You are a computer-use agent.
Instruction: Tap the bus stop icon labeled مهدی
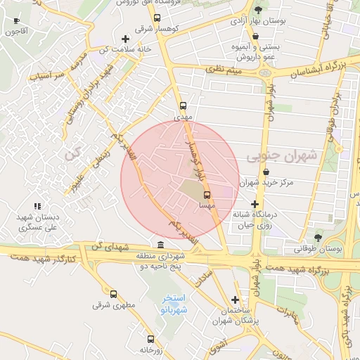point(184,107)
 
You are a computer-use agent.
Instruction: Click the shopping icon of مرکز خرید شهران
point(266,172)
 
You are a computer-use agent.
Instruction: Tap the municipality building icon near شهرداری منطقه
point(162,245)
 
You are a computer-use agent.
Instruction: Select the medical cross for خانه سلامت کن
point(125,39)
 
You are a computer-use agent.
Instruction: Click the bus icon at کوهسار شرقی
point(156,18)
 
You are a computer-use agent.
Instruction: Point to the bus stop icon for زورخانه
point(150,339)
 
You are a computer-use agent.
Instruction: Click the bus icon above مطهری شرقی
point(113,294)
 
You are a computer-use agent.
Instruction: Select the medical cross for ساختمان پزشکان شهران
point(235,300)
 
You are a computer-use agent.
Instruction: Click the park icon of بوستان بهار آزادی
point(259,9)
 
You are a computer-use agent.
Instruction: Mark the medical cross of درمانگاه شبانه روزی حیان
point(254,204)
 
